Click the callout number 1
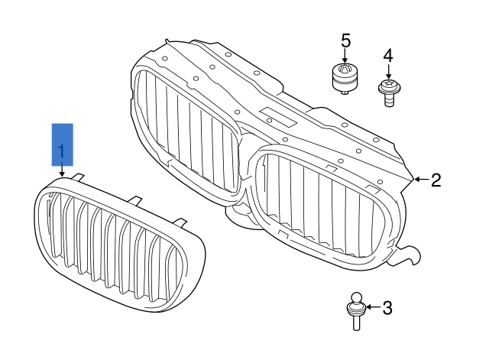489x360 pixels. pyautogui.click(x=62, y=144)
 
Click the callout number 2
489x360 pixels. pyautogui.click(x=436, y=180)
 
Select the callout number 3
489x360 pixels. pyautogui.click(x=387, y=308)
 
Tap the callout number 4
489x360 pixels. pyautogui.click(x=387, y=56)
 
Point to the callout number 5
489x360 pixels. pyautogui.click(x=345, y=40)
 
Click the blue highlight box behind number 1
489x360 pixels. pyautogui.click(x=62, y=144)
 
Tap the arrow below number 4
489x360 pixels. pyautogui.click(x=388, y=70)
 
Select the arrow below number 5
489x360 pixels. pyautogui.click(x=345, y=55)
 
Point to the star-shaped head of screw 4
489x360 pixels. pyautogui.click(x=388, y=83)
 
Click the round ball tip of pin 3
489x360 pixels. pyautogui.click(x=356, y=298)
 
